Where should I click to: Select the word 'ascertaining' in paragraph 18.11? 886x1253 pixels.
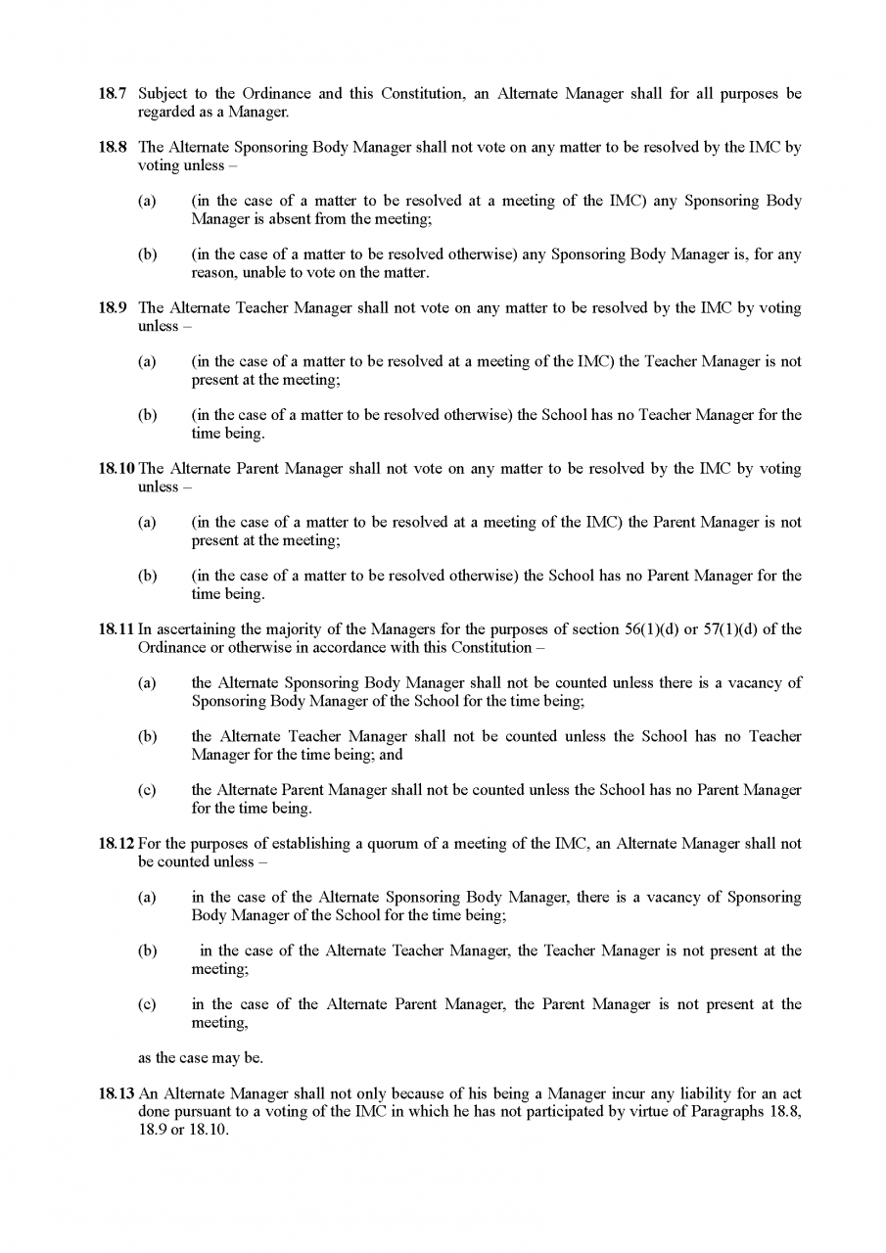click(x=194, y=629)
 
